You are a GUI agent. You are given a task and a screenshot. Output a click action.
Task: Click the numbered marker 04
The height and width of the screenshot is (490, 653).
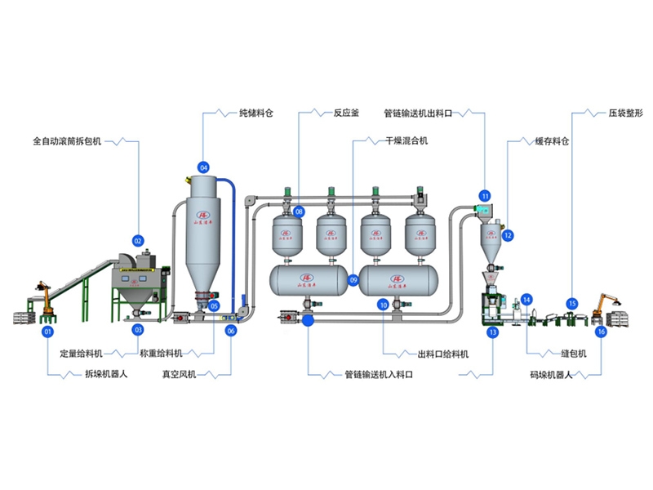[x=203, y=167]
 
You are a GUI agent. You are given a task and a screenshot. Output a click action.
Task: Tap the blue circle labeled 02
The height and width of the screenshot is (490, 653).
[x=138, y=241]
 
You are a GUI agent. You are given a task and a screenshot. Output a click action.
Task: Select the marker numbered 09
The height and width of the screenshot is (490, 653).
[x=353, y=279]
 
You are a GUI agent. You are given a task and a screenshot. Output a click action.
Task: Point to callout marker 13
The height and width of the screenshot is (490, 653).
[x=492, y=332]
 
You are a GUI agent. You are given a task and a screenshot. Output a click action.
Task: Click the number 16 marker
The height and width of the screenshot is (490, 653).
[x=602, y=332]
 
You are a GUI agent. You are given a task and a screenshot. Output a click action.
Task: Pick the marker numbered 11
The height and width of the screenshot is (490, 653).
[x=485, y=196]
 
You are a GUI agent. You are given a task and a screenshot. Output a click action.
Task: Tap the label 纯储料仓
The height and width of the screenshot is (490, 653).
[x=255, y=114]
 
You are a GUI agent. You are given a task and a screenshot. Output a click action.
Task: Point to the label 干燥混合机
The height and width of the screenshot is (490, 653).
[x=406, y=141]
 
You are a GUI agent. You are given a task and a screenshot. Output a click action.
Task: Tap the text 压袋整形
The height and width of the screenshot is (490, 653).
[x=626, y=114]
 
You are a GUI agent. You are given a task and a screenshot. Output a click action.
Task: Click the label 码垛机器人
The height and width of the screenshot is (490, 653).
[x=553, y=374]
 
